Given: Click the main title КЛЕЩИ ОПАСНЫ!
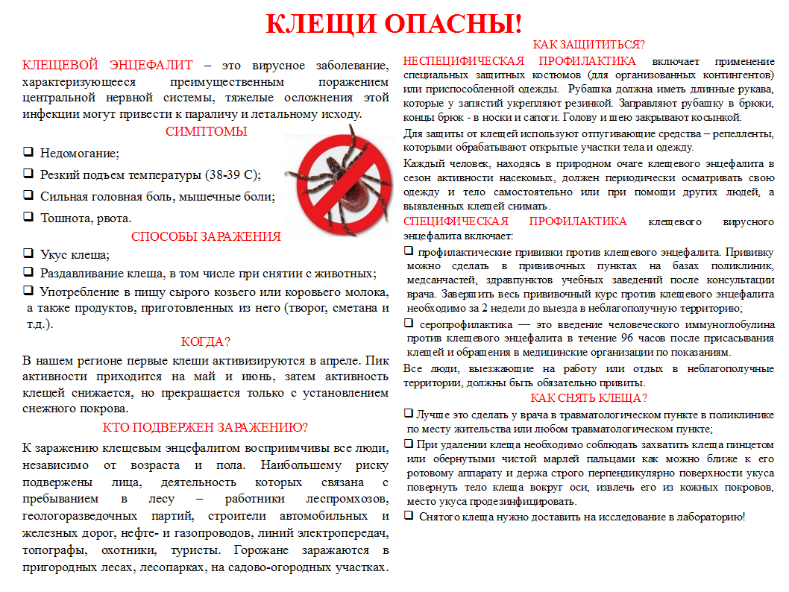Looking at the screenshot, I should tap(394, 24).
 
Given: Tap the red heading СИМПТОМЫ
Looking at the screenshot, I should tap(207, 132).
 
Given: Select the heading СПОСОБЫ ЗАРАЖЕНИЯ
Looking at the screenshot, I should tap(206, 237).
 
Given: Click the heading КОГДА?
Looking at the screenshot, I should tap(206, 341).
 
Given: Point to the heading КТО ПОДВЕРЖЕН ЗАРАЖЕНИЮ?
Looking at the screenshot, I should tap(206, 427).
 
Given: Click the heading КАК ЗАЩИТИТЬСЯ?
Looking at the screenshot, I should tap(589, 44).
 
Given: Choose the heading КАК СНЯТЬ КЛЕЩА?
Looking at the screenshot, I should tap(588, 397).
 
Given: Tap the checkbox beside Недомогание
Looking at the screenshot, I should tap(28, 152).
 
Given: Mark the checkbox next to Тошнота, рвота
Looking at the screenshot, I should tap(28, 217).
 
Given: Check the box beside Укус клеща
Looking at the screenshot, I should tap(28, 254).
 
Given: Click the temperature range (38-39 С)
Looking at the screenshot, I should tap(231, 175).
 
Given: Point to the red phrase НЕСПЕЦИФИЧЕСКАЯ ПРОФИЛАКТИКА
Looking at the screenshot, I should tap(520, 61).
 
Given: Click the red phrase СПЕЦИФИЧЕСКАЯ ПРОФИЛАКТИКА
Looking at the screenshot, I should tap(515, 221).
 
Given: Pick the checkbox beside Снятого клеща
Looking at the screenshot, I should tap(409, 515).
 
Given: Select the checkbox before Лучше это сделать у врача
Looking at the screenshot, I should tap(409, 413).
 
